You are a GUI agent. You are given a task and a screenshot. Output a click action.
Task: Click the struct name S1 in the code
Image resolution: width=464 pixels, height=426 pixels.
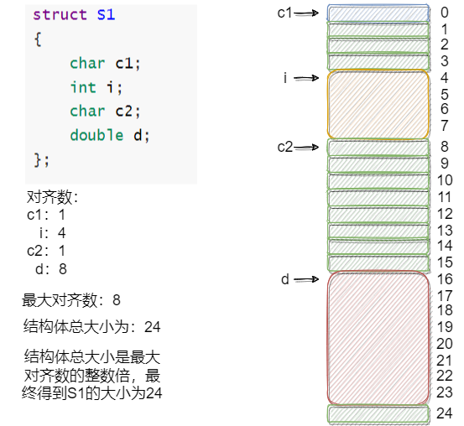pyautogui.click(x=105, y=15)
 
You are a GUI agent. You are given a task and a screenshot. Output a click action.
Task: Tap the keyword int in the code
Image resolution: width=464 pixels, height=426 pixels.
pyautogui.click(x=83, y=87)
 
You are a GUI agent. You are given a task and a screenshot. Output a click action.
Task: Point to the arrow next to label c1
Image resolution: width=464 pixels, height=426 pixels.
pyautogui.click(x=306, y=13)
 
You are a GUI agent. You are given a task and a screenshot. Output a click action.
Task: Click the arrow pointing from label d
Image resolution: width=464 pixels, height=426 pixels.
pyautogui.click(x=306, y=279)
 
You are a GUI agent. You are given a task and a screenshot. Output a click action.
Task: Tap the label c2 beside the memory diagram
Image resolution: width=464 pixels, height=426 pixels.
pyautogui.click(x=285, y=147)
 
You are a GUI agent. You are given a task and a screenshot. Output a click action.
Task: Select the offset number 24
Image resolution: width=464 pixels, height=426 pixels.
pyautogui.click(x=445, y=413)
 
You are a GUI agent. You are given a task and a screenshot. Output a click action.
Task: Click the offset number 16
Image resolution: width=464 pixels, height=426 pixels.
pyautogui.click(x=445, y=279)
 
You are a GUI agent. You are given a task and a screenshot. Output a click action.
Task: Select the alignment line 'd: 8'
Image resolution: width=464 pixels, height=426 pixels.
pyautogui.click(x=50, y=268)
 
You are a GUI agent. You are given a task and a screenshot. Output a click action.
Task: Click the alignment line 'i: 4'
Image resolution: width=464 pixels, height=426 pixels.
pyautogui.click(x=50, y=232)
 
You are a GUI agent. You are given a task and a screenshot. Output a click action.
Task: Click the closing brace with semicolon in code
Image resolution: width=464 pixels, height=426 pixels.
pyautogui.click(x=41, y=158)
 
